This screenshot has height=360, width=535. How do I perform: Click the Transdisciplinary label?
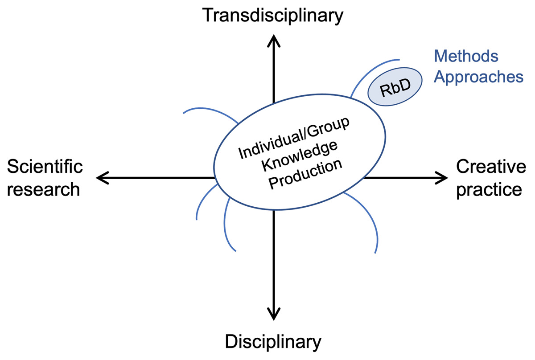[x=273, y=16]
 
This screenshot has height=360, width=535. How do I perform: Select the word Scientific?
[x=45, y=167]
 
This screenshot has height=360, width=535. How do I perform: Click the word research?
[x=44, y=189]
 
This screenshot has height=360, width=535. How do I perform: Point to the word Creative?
[x=491, y=167]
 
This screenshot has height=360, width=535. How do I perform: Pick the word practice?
[x=489, y=189]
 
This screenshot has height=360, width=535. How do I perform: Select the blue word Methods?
[x=466, y=56]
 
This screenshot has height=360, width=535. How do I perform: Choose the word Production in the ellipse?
[x=305, y=174]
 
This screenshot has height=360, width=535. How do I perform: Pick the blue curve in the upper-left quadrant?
[x=210, y=111]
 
